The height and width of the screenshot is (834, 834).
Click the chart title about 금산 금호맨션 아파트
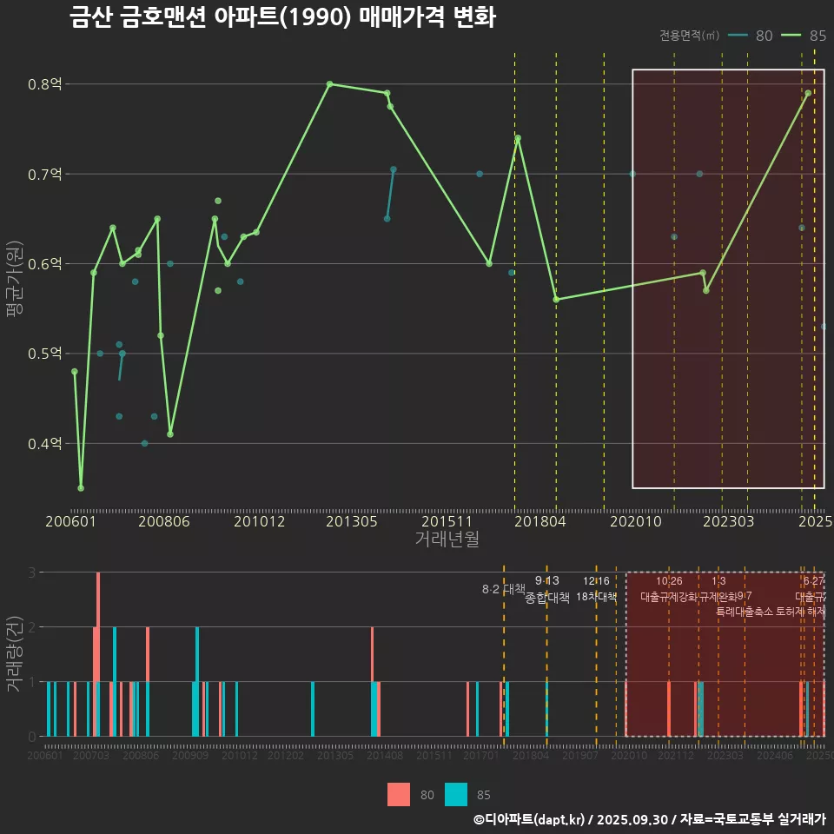point(282,17)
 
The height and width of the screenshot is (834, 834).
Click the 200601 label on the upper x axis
point(70,521)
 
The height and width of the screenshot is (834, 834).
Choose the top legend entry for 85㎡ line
point(804,36)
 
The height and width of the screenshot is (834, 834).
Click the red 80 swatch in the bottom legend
point(399,794)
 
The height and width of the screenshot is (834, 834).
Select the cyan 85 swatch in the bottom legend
point(456,794)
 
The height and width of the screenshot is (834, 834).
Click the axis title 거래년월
point(447,539)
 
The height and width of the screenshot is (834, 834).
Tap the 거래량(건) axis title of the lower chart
point(14,653)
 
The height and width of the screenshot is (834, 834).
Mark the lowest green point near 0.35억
point(81,488)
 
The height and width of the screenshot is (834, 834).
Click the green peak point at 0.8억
point(330,84)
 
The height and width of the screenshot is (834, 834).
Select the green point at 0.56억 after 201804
point(556,300)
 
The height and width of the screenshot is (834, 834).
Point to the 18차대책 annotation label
point(596,597)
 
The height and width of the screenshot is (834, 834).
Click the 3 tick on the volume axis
point(31,573)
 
